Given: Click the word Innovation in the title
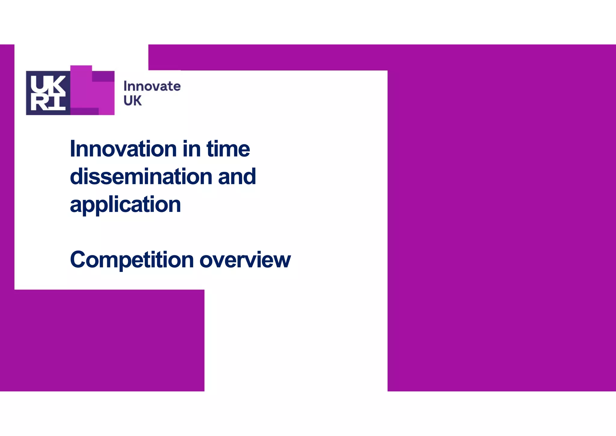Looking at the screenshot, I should coord(123,149).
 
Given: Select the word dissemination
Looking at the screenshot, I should coord(141,177).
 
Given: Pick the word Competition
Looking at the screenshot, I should coord(132,260).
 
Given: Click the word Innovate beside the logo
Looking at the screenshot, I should coord(152,86).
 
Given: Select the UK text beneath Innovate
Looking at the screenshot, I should coord(132,101).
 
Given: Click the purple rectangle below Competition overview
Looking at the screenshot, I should coord(102,340).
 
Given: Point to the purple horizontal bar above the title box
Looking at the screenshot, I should coord(268,57).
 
